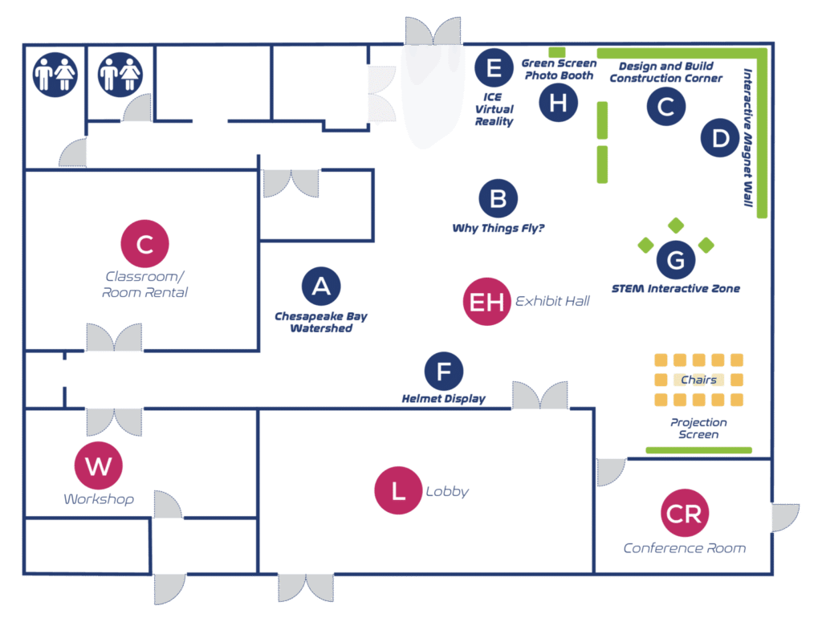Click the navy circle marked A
[x=321, y=287]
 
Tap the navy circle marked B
[x=498, y=198]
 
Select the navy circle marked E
[x=494, y=67]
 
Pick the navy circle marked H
[x=559, y=103]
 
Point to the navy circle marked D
[x=720, y=138]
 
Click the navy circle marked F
[x=444, y=372]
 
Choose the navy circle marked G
[x=676, y=260]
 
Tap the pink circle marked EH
[x=486, y=302]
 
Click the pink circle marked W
[x=98, y=465]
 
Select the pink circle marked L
[x=398, y=491]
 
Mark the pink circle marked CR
[x=684, y=514]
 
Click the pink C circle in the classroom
[x=144, y=243]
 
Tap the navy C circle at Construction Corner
[x=665, y=107]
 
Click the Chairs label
[x=698, y=380]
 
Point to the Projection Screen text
[x=698, y=429]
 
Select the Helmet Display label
[x=444, y=399]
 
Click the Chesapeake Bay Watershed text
[x=321, y=322]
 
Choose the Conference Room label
[x=684, y=548]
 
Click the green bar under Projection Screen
[x=698, y=450]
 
